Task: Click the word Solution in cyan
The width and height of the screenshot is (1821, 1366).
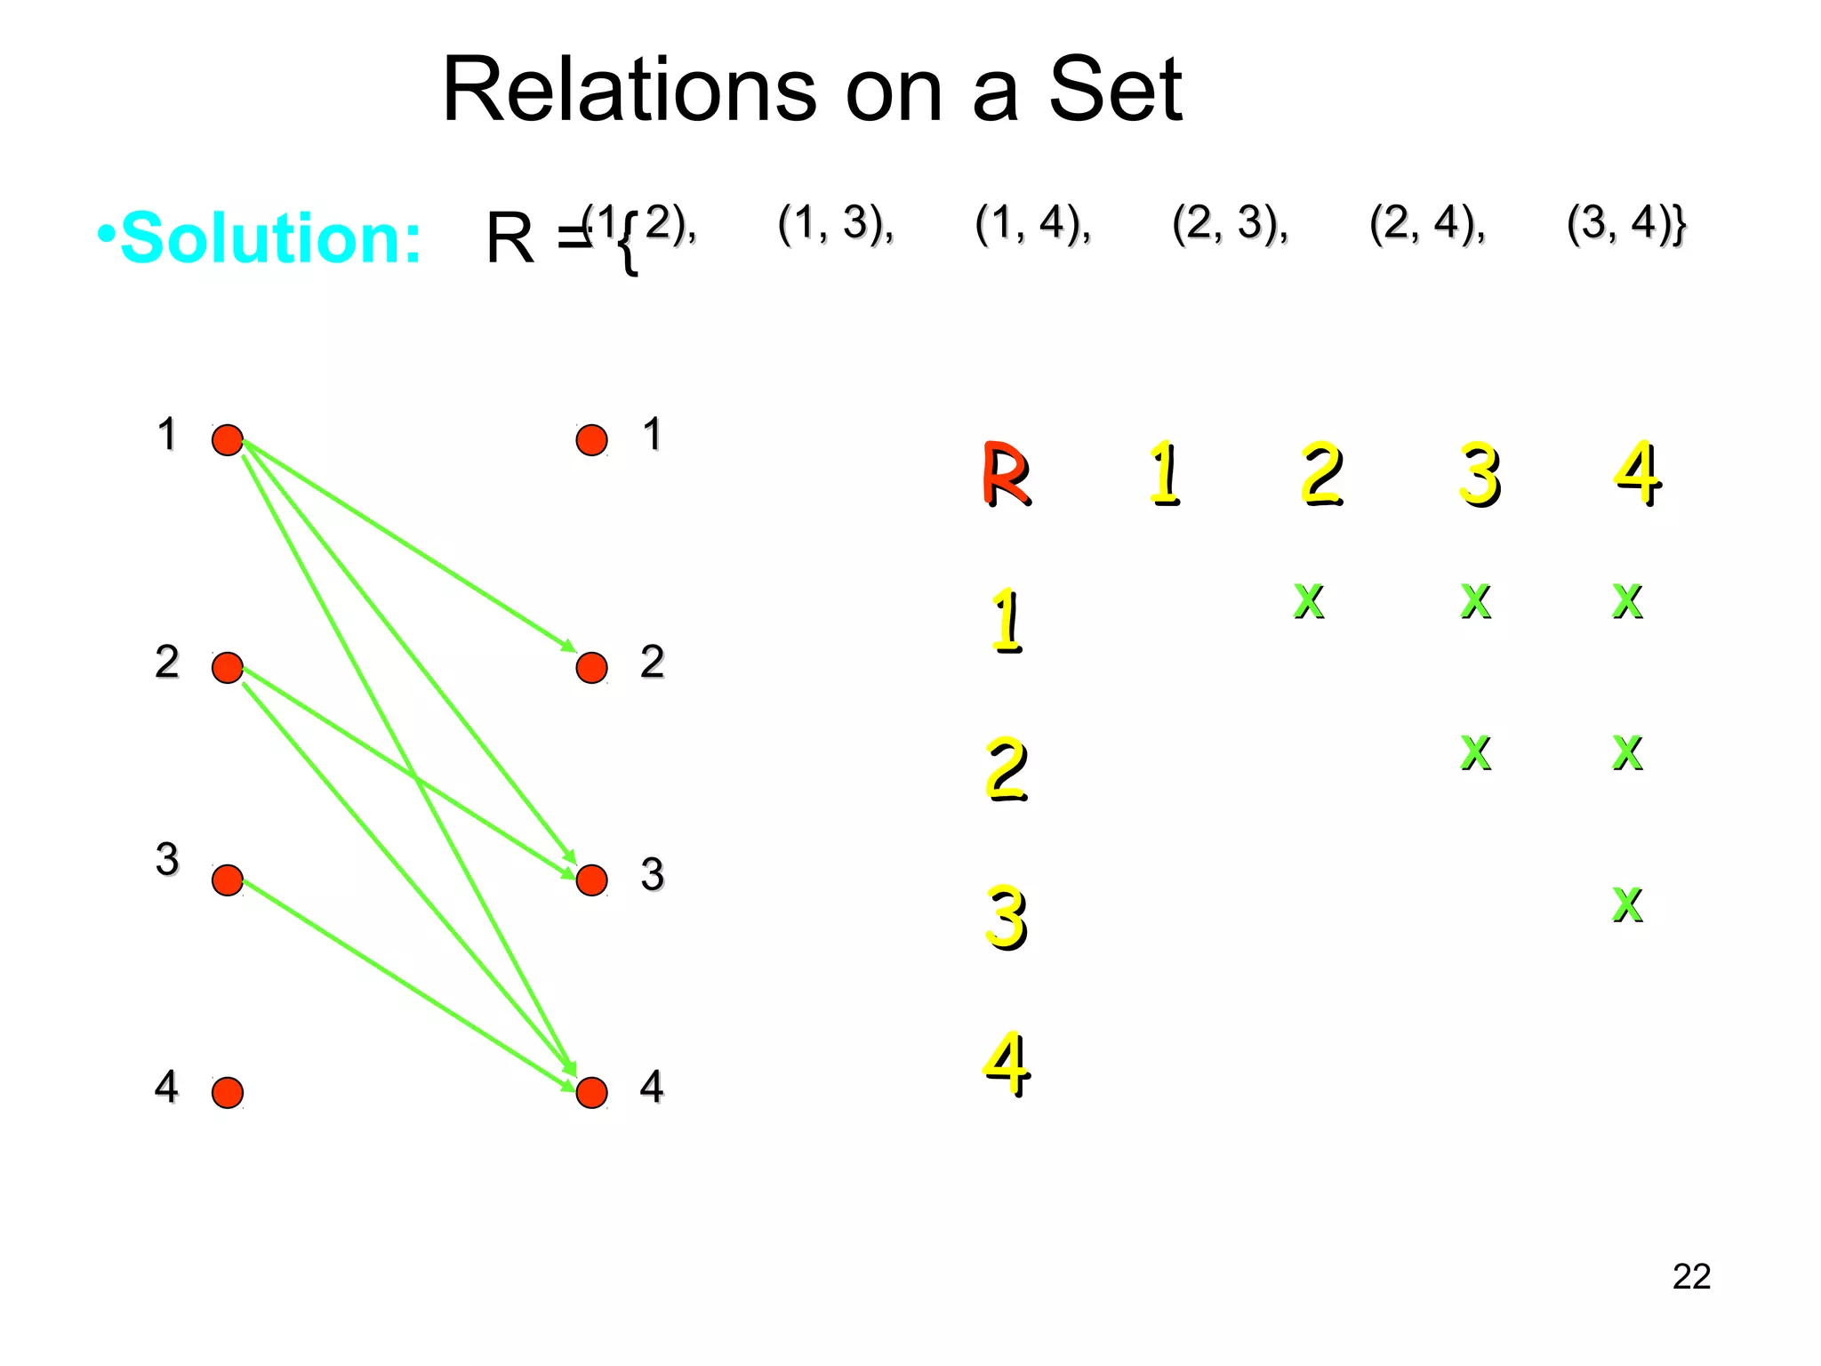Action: click(x=270, y=238)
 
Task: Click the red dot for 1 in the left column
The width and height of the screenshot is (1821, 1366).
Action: click(x=228, y=439)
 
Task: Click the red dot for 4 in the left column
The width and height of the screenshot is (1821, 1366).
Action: click(x=228, y=1092)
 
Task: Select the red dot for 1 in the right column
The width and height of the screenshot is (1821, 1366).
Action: click(x=591, y=439)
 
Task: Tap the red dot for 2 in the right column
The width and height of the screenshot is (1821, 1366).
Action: click(x=591, y=667)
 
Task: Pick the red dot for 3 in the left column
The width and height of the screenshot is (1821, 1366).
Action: click(x=228, y=880)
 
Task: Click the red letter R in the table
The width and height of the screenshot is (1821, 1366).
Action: click(x=1006, y=475)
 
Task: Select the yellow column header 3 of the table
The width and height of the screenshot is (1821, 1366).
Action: click(x=1479, y=475)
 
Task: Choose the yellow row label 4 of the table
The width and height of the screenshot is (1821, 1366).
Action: click(x=1006, y=1064)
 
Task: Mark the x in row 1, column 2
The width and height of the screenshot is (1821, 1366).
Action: click(x=1308, y=600)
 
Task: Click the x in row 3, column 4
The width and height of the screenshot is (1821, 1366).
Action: click(x=1627, y=904)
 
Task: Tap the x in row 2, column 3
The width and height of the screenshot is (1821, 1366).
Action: click(x=1475, y=752)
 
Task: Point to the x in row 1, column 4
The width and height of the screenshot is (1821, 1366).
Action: click(x=1627, y=600)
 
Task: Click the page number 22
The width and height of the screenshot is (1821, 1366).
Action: click(x=1690, y=1277)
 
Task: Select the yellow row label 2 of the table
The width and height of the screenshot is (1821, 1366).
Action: click(x=1006, y=769)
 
